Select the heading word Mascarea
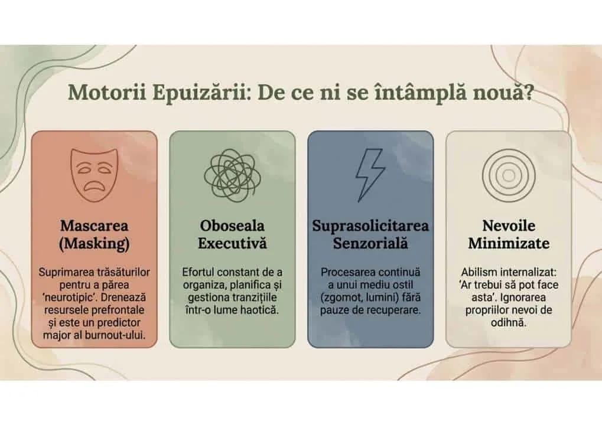coord(94,226)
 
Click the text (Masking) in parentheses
coord(94,243)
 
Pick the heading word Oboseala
coord(232,226)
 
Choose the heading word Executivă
coord(232,243)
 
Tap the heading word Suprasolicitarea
coord(370,226)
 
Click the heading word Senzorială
coord(370,243)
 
